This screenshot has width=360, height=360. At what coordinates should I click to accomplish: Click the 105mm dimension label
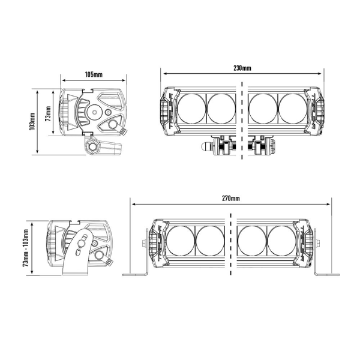94,74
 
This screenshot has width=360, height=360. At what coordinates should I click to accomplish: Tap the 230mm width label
242,68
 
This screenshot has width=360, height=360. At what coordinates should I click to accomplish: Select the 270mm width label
230,198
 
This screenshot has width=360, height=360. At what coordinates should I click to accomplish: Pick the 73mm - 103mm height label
26,248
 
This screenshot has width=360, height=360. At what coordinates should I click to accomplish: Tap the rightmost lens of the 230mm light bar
292,109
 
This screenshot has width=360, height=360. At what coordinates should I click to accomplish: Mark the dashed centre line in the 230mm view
242,120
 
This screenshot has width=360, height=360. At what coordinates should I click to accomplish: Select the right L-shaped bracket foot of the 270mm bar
324,273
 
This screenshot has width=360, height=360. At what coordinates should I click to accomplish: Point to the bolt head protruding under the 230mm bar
204,146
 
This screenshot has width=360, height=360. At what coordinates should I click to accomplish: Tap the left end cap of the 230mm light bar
167,110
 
